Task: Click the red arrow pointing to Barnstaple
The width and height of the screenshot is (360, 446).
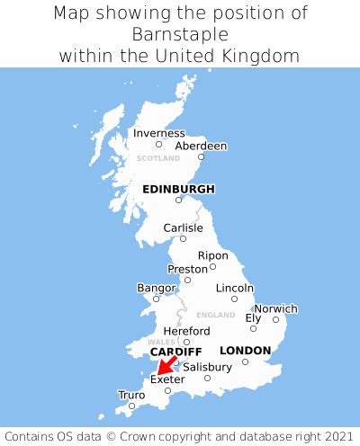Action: point(165,366)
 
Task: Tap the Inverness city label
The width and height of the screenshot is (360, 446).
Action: point(158,133)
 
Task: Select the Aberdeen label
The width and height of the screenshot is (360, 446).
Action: point(201,146)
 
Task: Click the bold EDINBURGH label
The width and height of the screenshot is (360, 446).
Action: point(178,189)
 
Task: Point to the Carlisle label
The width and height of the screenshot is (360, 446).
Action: point(183,228)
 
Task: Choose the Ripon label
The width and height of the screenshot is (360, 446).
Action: point(213,255)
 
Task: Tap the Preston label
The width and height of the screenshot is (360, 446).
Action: point(188,269)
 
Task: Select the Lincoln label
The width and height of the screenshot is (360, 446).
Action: point(235,288)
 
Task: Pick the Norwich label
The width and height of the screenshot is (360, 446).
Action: point(275,308)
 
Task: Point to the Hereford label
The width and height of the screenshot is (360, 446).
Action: point(186,331)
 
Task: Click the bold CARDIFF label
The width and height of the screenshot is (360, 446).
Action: point(175,352)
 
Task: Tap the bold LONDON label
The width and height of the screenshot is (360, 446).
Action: point(245,351)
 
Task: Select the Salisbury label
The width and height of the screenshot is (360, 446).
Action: point(207,367)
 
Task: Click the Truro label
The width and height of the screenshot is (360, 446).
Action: point(131,395)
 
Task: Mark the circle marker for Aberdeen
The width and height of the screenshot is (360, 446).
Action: point(201,157)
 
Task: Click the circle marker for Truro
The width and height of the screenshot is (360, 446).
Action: point(131,406)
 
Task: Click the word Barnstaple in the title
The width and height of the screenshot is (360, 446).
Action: point(180,34)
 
